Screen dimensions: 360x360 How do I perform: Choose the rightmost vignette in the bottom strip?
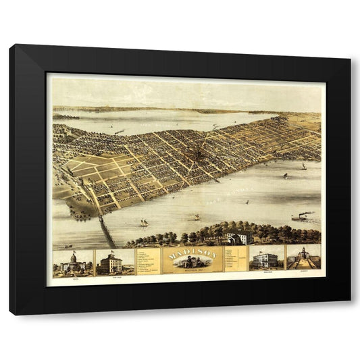coord(303,259)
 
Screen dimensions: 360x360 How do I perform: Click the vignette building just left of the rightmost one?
coord(266,260)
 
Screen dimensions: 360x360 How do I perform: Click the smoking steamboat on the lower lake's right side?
coord(301,217)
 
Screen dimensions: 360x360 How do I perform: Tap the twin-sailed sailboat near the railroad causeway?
coord(144,222)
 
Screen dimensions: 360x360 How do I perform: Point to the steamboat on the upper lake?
coord(119,132)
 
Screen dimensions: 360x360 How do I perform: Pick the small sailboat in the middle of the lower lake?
coord(197,217)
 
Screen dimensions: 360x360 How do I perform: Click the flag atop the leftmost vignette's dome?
coord(73,252)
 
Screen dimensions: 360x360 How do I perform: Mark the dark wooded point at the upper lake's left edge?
coord(66,117)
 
